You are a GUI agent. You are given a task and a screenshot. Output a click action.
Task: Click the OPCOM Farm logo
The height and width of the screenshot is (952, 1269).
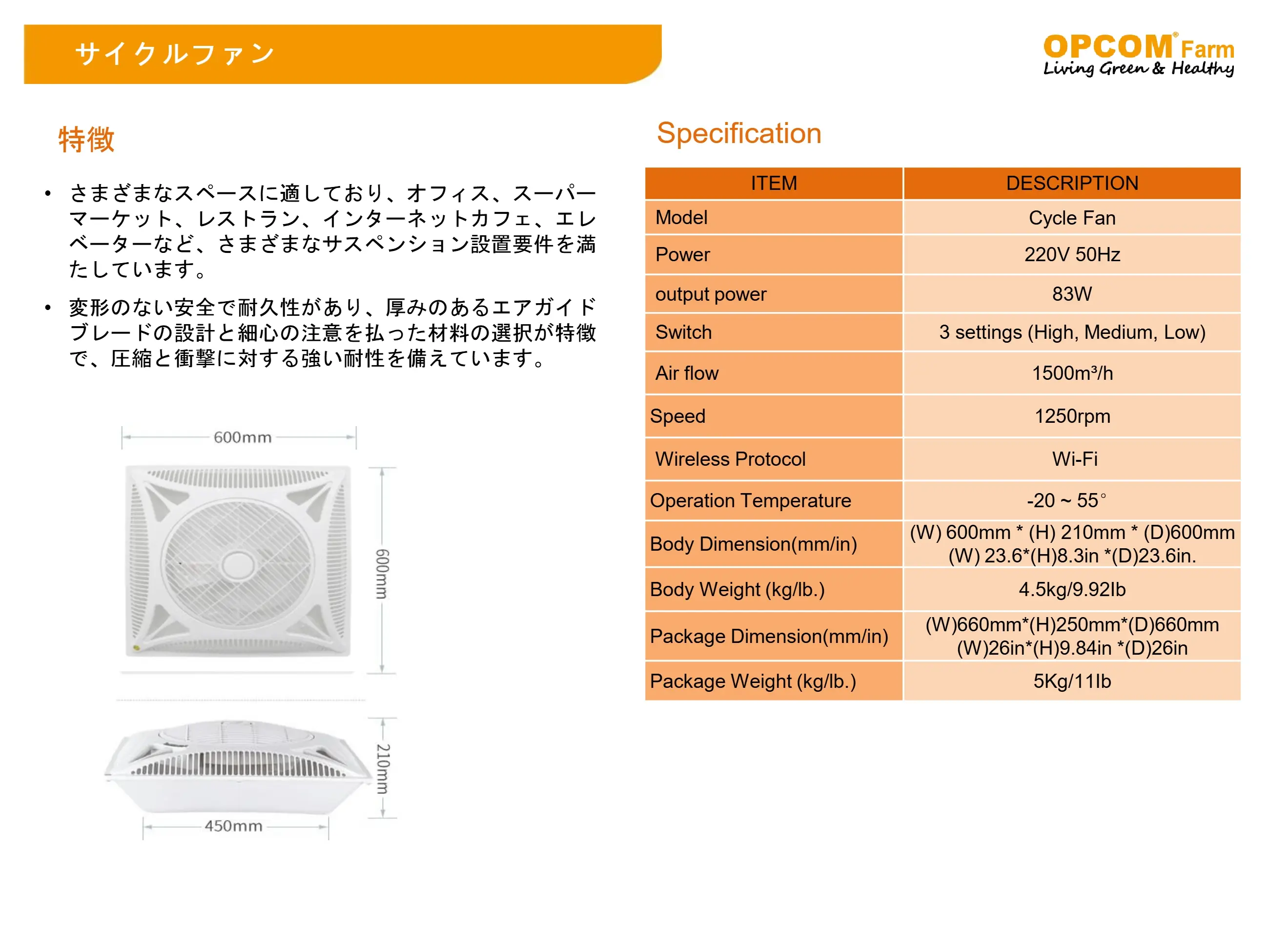coord(1138,55)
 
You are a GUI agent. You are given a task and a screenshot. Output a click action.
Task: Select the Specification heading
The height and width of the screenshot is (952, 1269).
coord(739,133)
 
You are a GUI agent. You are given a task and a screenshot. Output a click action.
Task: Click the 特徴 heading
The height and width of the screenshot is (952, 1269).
coord(86,140)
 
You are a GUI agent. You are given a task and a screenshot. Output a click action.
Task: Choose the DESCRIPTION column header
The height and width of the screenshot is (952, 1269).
coord(1072,183)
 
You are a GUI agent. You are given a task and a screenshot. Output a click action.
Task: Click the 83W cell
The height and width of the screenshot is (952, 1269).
coord(1072,294)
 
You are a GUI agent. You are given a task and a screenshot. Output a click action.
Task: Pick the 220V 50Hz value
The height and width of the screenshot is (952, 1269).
coord(1072,254)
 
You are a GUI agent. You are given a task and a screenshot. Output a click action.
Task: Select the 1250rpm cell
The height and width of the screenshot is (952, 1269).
coord(1072,416)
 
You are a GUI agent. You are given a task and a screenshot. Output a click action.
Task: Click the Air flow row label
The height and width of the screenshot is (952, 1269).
coord(687,373)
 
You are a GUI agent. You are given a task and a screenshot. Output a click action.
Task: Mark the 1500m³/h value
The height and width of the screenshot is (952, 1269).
coord(1072,373)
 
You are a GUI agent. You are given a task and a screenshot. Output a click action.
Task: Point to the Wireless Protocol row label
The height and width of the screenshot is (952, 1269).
coord(730,458)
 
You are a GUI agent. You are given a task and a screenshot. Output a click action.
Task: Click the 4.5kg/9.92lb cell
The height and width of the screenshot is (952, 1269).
coord(1072,589)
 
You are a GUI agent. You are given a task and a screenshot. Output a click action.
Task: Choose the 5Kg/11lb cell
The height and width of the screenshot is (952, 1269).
coord(1072,681)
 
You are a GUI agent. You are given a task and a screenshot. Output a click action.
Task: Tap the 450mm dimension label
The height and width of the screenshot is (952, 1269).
coord(233,826)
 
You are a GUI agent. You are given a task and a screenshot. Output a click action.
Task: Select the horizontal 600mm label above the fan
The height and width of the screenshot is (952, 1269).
coord(243,437)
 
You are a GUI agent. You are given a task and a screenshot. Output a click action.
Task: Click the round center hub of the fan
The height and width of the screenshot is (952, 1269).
coord(238,563)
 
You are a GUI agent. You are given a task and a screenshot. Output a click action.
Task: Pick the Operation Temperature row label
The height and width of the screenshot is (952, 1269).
coord(750,500)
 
